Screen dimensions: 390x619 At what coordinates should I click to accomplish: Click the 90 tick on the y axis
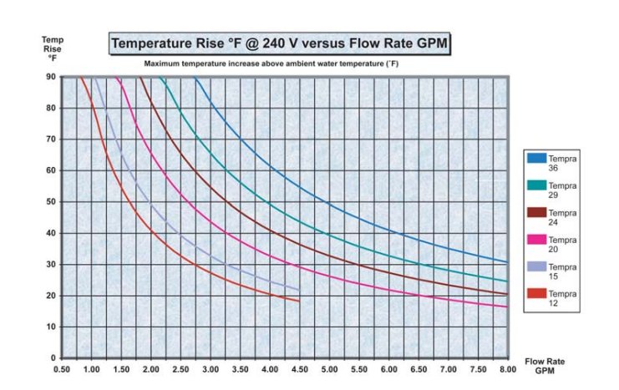51,77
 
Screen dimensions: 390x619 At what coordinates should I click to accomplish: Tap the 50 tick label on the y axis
51,201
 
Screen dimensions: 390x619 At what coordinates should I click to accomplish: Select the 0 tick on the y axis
53,357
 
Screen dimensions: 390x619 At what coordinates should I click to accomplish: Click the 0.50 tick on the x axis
62,368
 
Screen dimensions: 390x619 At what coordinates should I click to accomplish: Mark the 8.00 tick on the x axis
507,368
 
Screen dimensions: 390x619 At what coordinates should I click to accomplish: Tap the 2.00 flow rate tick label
151,368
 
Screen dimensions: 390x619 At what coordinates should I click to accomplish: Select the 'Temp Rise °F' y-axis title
51,48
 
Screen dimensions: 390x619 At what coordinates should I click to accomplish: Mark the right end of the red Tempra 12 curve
298,301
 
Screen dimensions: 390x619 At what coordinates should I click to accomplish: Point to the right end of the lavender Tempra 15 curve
298,290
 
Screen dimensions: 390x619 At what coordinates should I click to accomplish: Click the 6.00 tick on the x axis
388,368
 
